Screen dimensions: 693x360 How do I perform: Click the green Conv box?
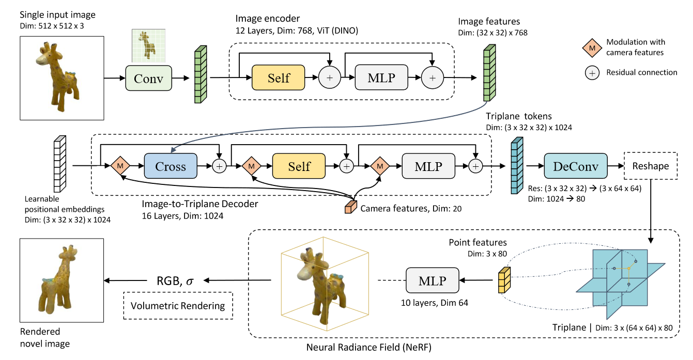(x=148, y=78)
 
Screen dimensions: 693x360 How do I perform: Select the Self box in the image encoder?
(x=278, y=77)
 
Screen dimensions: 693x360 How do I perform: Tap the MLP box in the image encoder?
(x=381, y=77)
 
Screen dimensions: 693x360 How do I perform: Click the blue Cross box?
(x=171, y=166)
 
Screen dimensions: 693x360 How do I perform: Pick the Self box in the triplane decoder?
(x=299, y=166)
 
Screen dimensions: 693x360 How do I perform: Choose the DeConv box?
(x=576, y=166)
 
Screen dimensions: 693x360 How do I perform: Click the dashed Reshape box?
(x=651, y=166)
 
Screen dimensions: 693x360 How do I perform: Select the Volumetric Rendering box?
(x=178, y=306)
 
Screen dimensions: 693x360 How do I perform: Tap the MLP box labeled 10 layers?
(x=432, y=280)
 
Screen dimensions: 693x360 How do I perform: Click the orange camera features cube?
(x=351, y=207)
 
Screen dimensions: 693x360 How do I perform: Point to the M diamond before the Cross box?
(x=120, y=166)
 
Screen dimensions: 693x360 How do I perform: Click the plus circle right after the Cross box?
(x=219, y=166)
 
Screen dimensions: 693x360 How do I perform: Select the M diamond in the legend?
(x=592, y=48)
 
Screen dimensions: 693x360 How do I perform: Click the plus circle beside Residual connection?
(x=592, y=73)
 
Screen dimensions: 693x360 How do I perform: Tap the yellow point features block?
(x=504, y=280)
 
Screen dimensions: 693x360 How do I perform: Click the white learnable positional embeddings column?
(x=60, y=164)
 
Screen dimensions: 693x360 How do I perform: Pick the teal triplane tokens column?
(x=517, y=165)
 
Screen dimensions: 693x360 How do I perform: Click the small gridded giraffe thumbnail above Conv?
(x=148, y=46)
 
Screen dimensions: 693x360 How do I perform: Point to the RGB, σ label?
(x=175, y=280)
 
